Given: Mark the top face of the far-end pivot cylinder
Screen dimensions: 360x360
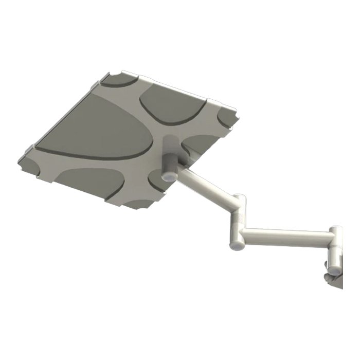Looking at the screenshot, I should [336, 228].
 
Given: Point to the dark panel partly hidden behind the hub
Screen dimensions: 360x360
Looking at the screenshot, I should [198, 144].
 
